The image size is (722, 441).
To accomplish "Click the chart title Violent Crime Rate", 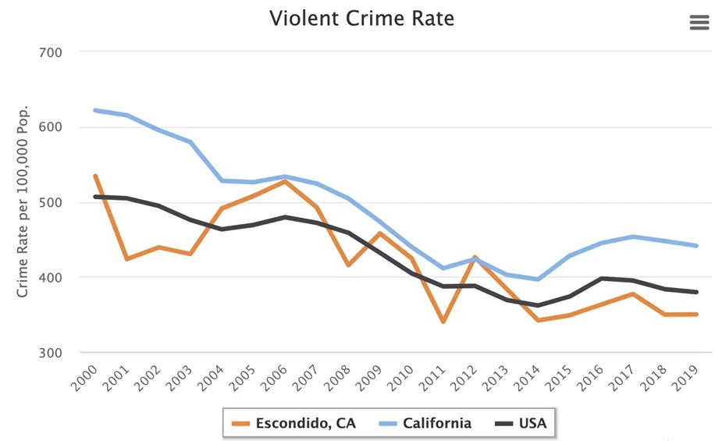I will coord(361,19).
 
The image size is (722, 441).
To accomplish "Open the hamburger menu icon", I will coord(699,23).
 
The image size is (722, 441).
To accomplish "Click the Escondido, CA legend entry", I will coord(294,424).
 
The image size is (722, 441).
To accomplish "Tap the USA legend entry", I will coord(521,424).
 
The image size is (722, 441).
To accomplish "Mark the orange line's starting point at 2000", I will coord(94,176).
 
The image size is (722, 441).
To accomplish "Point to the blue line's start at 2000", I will coord(94,110).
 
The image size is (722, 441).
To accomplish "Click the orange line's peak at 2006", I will coord(285,181).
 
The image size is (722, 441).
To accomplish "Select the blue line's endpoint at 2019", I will coord(696,246).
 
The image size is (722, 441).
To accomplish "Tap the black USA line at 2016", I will coord(601,278).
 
